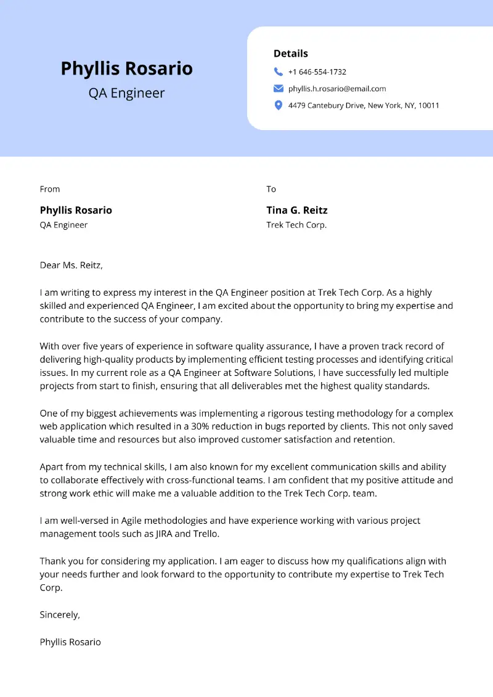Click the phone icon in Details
279,71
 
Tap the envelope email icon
279,89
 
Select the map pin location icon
279,105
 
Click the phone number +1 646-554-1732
317,72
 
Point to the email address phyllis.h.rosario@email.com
337,89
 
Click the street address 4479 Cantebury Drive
326,105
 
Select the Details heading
291,54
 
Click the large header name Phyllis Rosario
126,68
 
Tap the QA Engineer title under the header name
126,93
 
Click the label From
50,189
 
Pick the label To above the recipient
271,189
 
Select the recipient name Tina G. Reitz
297,210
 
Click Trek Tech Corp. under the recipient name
296,225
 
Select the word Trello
205,534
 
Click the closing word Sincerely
60,614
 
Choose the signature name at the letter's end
70,642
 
